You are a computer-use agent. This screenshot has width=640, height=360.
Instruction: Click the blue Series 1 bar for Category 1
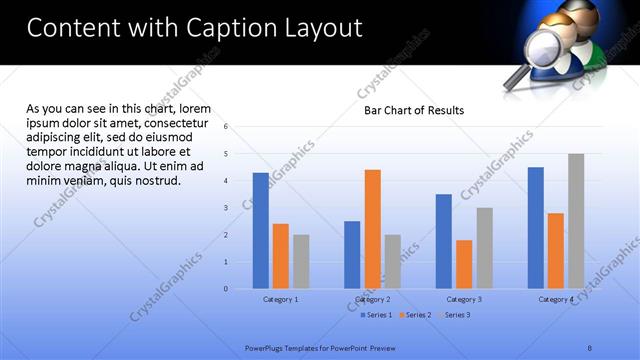(260, 230)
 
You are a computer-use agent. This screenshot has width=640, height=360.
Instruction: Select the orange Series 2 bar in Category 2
(372, 229)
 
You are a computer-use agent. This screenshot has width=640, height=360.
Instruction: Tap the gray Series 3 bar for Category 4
(576, 221)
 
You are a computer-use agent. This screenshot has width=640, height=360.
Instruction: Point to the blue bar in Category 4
(536, 227)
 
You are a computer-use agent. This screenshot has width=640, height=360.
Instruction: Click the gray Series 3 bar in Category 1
(301, 262)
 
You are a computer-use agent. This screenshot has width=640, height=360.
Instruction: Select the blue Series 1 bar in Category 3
(443, 241)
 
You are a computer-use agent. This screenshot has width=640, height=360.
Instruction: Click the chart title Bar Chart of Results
(413, 110)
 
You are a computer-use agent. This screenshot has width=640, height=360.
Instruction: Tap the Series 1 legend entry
(376, 315)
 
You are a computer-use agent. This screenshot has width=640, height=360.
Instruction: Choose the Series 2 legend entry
(415, 315)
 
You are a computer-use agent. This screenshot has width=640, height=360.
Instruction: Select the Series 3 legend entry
(454, 315)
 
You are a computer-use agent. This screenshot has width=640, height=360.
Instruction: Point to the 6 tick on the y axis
(226, 127)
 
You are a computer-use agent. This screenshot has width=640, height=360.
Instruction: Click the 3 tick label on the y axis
(226, 208)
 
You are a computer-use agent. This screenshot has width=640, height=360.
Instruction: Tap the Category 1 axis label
(280, 299)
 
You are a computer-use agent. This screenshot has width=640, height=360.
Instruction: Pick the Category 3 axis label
(464, 299)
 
